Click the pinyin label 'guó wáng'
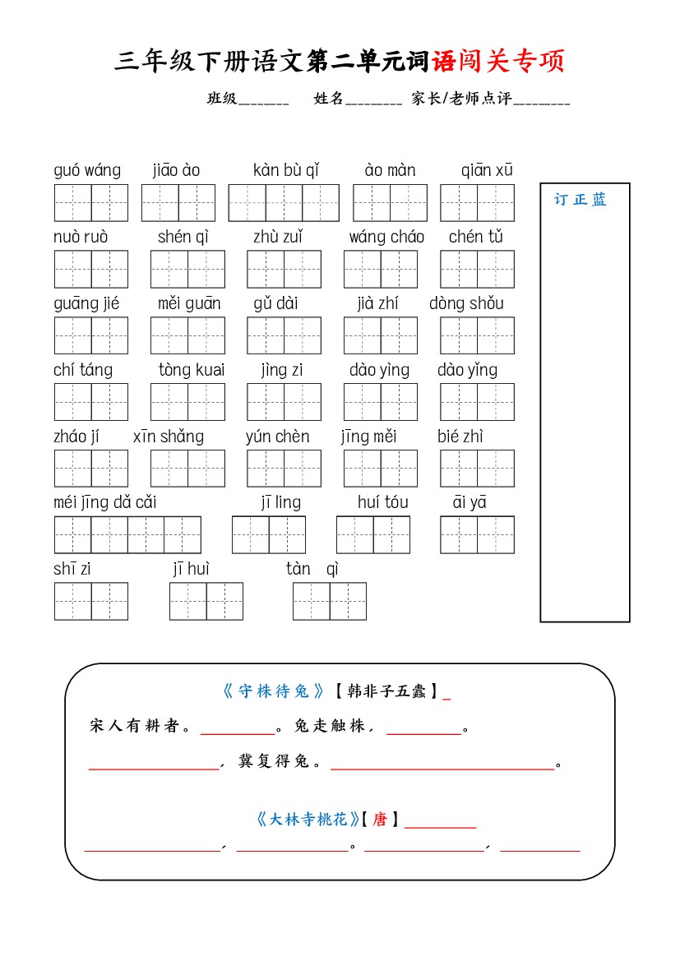87,171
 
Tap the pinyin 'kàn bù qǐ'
286,171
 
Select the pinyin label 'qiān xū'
487,171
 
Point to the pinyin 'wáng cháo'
386,238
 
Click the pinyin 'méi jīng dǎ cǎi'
105,502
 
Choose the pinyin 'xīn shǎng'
169,437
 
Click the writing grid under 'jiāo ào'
178,203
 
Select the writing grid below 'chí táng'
91,402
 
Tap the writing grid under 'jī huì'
206,601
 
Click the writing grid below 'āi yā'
477,534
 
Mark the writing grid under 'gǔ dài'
284,335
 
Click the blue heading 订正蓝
580,200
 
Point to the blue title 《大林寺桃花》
307,820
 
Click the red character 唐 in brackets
380,820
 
